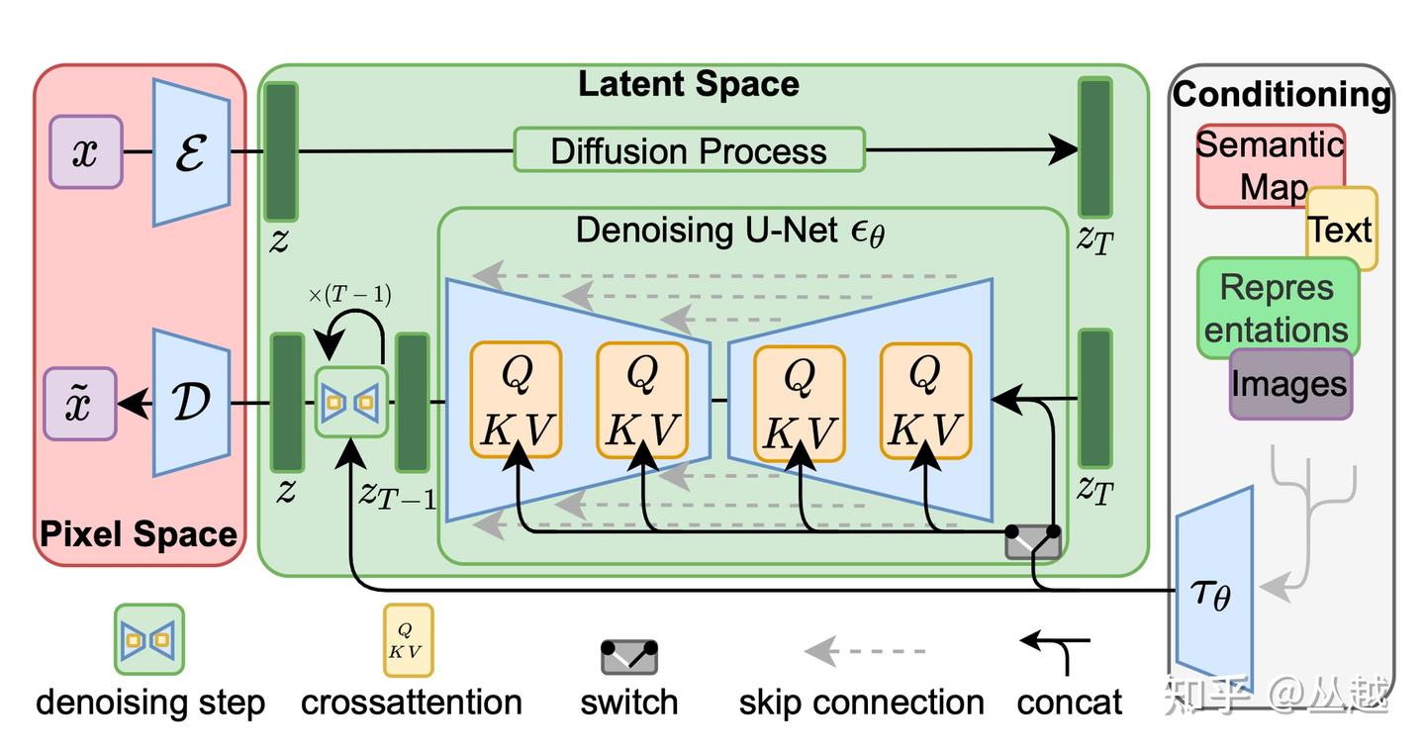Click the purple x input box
[85, 151]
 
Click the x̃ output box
[80, 403]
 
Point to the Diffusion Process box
[689, 151]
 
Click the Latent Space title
[689, 84]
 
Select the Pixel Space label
[139, 535]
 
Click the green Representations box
[1277, 307]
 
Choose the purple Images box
[1290, 384]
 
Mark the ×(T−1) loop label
[349, 295]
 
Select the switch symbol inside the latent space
[1033, 541]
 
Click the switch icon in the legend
[629, 656]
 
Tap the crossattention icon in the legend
[408, 640]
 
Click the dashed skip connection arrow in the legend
[864, 651]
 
